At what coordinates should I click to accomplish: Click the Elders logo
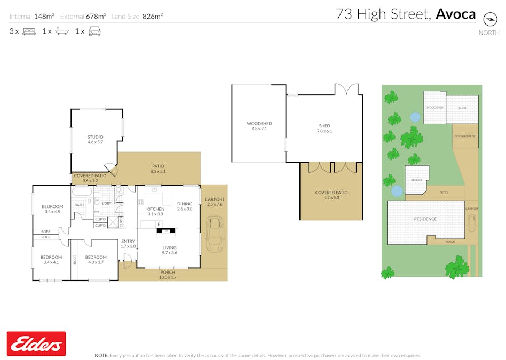[x=36, y=343]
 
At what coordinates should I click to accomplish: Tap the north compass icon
[x=489, y=19]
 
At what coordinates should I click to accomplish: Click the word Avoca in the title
[x=455, y=14]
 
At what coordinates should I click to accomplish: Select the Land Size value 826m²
[x=153, y=17]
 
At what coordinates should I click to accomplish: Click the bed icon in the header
[x=29, y=31]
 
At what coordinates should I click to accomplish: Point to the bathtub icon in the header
[x=61, y=31]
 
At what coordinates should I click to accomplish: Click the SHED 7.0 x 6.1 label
[x=325, y=129]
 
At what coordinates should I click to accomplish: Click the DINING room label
[x=185, y=206]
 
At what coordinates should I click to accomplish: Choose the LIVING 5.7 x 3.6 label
[x=169, y=250]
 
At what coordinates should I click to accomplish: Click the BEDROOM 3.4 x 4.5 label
[x=53, y=209]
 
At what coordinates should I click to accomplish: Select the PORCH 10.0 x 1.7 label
[x=168, y=275]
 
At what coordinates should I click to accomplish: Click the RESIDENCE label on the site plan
[x=425, y=219]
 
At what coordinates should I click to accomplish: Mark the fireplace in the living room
[x=166, y=231]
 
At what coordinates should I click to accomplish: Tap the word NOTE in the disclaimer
[x=101, y=355]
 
